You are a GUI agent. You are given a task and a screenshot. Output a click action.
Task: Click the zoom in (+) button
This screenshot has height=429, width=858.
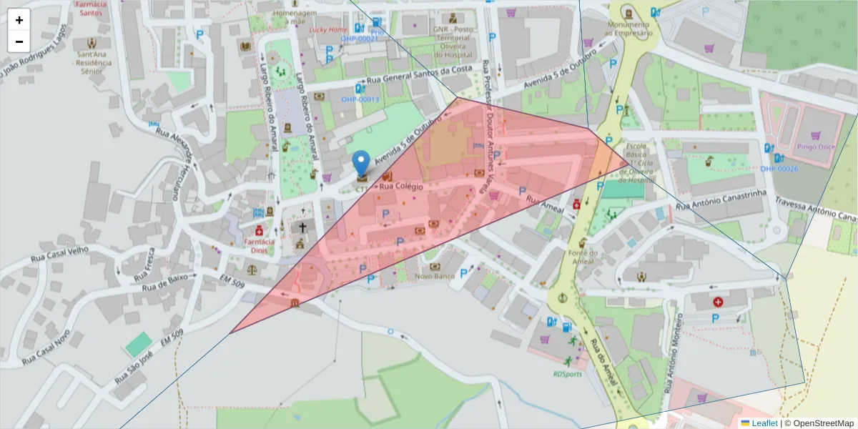[19, 20]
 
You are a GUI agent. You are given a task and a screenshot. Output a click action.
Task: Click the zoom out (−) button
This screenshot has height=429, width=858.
[19, 41]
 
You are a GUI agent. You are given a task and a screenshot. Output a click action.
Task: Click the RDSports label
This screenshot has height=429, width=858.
[567, 373]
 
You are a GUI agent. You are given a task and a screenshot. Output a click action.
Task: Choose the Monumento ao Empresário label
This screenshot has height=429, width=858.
[629, 29]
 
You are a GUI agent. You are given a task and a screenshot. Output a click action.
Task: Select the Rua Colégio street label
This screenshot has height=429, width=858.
[401, 187]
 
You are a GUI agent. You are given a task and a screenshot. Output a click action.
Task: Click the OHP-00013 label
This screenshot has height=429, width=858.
[360, 99]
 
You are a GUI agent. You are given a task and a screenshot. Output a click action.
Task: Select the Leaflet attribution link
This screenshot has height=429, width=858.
[764, 423]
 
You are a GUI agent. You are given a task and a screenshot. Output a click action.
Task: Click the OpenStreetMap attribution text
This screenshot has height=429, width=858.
[823, 423]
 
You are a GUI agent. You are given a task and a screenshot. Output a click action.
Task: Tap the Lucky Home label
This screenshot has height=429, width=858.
[328, 30]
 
